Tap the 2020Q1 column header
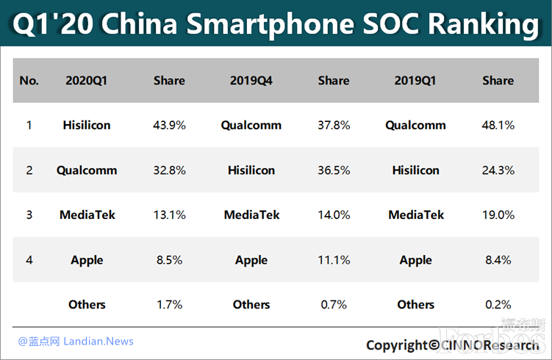(87, 80)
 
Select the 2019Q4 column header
(251, 80)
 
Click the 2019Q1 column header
(415, 80)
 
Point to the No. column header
(29, 80)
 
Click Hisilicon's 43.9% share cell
(169, 125)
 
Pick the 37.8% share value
(334, 125)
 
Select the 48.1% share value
(498, 125)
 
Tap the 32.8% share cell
(169, 170)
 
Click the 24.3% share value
(498, 170)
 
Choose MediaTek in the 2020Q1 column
(87, 215)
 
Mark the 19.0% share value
(498, 215)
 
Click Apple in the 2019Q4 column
(251, 259)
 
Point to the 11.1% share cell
(334, 259)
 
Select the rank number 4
(29, 259)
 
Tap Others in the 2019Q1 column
(415, 304)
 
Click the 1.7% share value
(169, 304)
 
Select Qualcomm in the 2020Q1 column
(87, 170)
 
